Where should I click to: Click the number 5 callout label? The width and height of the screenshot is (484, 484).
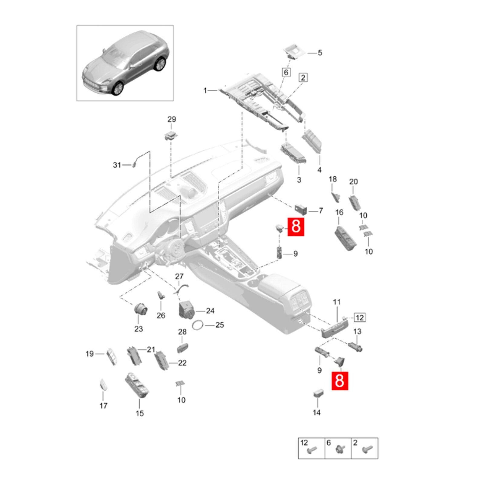click(x=320, y=53)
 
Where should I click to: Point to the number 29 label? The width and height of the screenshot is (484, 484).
click(x=172, y=119)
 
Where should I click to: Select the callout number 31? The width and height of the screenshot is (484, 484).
click(x=117, y=165)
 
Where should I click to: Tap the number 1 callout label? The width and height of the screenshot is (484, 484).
click(x=205, y=90)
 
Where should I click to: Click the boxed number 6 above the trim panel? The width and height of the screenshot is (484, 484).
click(x=286, y=72)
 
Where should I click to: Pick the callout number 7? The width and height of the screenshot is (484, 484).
click(x=321, y=210)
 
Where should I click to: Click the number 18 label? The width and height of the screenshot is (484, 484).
click(x=333, y=179)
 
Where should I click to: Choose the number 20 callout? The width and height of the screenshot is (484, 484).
click(x=353, y=181)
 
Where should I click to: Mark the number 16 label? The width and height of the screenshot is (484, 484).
click(x=339, y=212)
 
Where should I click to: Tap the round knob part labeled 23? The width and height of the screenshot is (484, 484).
click(x=141, y=309)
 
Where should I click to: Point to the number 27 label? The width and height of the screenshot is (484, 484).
click(x=179, y=276)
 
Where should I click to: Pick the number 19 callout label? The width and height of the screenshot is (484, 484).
click(x=90, y=354)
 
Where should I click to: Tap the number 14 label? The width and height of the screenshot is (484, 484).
click(x=317, y=412)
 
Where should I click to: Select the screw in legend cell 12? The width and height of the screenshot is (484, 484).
click(x=312, y=450)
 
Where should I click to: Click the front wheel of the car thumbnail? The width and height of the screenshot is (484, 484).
click(x=118, y=88)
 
